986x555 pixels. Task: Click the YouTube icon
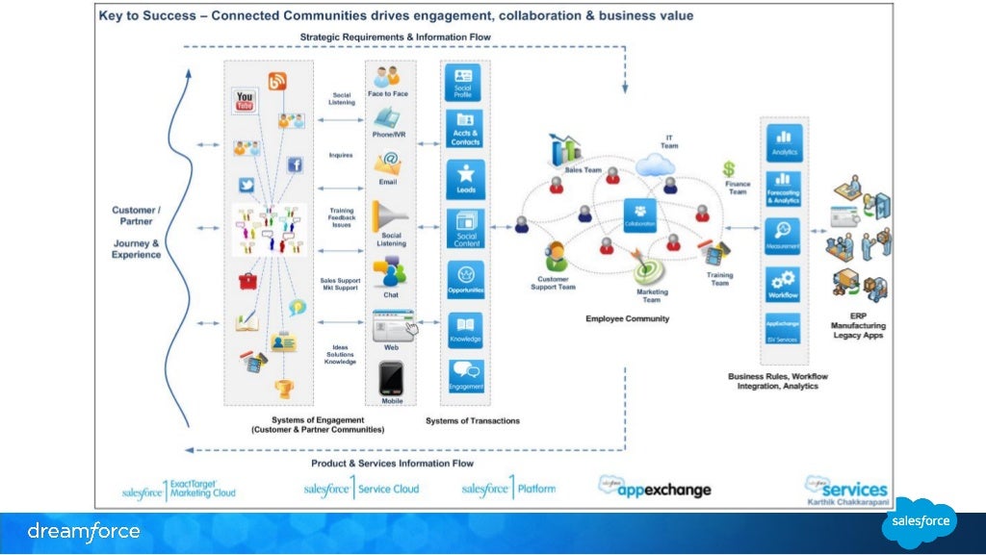point(245,99)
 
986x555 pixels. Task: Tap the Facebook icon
point(295,164)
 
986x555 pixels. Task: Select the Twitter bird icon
point(246,186)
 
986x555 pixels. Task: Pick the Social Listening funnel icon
point(390,215)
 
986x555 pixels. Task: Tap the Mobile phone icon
point(390,378)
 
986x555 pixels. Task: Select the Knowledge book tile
point(466,329)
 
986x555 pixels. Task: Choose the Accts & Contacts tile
point(466,129)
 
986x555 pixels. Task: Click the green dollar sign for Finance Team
point(729,169)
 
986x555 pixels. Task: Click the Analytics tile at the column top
point(783,142)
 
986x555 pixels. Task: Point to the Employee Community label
point(627,318)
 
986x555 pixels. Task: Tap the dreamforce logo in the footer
point(84,531)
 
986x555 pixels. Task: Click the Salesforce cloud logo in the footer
point(919,522)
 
